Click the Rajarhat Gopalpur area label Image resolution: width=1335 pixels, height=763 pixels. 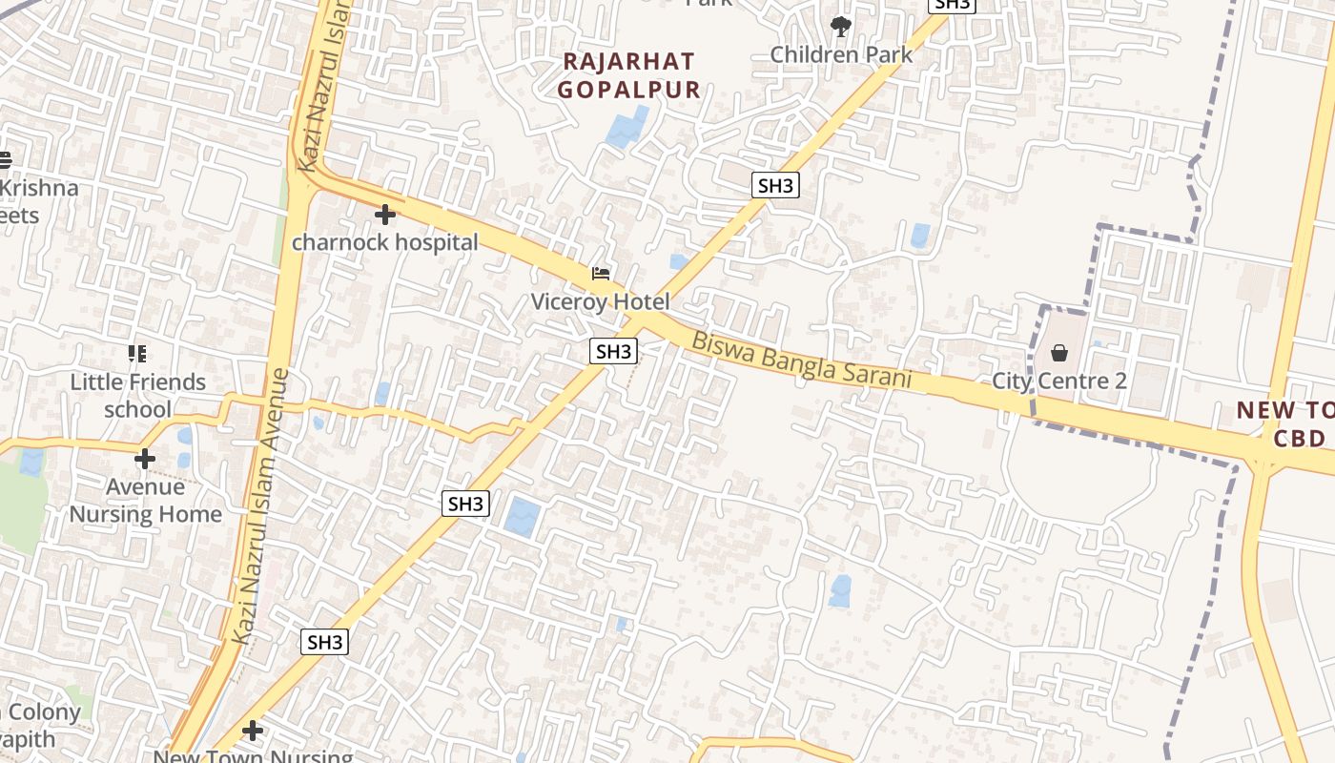629,75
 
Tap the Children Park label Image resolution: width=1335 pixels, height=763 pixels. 841,54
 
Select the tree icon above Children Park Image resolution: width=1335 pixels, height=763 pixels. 840,26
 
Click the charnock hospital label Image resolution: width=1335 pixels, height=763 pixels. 384,242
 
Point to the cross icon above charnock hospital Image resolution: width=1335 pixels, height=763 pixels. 385,215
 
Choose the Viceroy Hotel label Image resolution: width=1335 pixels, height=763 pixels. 601,301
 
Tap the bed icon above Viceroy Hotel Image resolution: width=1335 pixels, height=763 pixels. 601,275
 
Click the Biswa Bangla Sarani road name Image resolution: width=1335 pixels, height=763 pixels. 801,360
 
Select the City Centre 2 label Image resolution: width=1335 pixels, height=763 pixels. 1059,381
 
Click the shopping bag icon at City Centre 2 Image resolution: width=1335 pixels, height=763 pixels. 1058,354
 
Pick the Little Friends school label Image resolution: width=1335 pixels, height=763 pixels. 137,396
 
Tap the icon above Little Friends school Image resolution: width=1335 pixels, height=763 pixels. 137,355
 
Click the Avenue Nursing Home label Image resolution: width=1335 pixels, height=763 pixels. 145,501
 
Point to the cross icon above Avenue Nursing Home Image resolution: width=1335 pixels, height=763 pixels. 145,460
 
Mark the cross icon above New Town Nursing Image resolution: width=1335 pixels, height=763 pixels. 253,732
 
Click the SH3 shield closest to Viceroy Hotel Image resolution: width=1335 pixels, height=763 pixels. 613,351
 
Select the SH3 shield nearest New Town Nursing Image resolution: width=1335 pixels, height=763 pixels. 325,642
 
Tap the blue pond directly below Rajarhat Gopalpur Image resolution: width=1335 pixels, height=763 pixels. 626,128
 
